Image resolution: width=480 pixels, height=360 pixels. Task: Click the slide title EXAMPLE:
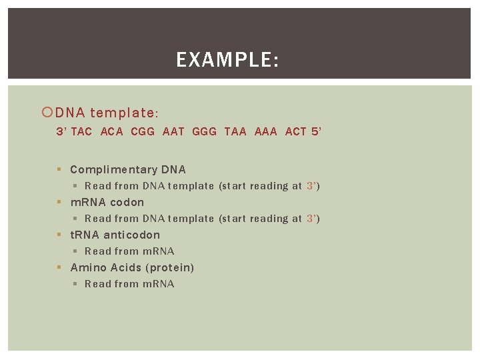227,61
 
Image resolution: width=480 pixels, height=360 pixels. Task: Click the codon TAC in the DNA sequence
81,132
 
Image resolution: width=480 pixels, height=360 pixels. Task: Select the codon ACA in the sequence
112,132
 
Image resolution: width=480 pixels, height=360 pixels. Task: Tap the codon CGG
143,132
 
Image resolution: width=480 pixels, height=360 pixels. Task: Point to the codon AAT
173,132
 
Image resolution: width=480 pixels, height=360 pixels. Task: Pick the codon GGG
204,132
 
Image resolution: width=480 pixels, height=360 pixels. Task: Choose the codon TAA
235,132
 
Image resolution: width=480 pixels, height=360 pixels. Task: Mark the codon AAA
266,132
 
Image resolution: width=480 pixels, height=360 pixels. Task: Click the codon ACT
296,132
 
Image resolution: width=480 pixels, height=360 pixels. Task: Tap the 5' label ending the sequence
316,132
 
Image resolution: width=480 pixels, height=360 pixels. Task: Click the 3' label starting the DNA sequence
61,132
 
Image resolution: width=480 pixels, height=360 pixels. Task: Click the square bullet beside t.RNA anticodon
60,235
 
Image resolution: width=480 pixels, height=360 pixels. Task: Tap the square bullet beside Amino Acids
60,268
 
